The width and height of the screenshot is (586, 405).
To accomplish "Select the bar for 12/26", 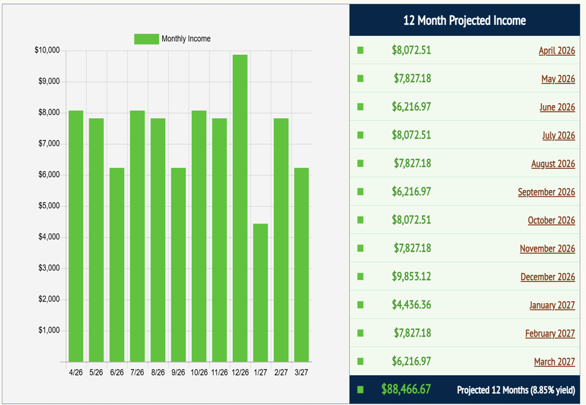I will (240, 208).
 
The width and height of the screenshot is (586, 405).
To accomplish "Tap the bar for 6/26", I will (116, 265).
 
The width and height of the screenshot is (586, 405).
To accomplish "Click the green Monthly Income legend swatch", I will (146, 39).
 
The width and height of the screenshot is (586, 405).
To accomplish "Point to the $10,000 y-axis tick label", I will (47, 50).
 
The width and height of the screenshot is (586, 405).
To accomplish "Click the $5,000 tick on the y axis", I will (48, 206).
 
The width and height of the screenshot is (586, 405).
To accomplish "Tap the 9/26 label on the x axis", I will (178, 372).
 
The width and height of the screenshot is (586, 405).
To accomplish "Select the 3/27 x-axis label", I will (301, 372).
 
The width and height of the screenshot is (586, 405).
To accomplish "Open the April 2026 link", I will (557, 50).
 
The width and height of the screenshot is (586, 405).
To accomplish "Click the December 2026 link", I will (547, 277).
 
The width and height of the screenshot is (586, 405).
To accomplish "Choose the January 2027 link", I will (552, 305).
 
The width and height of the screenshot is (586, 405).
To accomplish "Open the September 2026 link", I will (546, 192).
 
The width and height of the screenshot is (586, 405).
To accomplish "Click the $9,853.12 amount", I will (411, 276).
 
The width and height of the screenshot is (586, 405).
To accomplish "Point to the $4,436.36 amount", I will (411, 305).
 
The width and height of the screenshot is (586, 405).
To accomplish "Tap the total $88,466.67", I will (406, 389).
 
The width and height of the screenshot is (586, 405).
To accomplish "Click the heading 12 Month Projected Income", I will (464, 21).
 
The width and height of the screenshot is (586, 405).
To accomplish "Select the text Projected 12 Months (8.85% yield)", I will (516, 390).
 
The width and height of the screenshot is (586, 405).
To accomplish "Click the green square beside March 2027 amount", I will (361, 361).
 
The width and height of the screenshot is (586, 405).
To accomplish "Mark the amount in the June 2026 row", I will (411, 107).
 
